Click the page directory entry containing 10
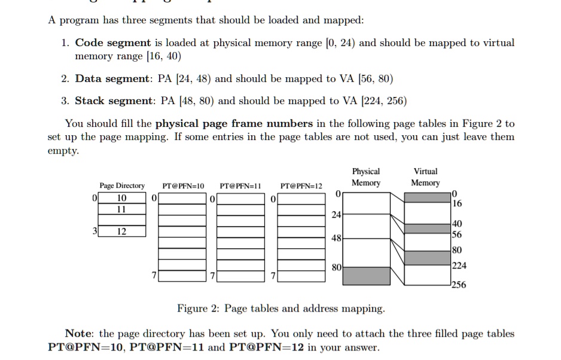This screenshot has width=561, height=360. point(122,198)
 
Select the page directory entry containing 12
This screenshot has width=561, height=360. point(122,231)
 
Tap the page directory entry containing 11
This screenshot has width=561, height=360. point(122,209)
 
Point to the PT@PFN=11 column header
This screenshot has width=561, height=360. point(241,186)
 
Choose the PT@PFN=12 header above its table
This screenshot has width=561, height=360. point(301,186)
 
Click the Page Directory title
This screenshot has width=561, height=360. point(122,186)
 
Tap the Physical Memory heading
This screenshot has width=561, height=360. point(365,177)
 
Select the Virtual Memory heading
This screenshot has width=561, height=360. point(425,177)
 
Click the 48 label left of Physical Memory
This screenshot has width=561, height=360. point(337,238)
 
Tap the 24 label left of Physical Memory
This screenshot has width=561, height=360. point(337,214)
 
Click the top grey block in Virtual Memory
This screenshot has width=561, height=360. point(427,197)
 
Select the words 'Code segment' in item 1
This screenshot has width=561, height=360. point(112,43)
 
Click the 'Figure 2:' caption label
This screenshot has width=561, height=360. point(199,309)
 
